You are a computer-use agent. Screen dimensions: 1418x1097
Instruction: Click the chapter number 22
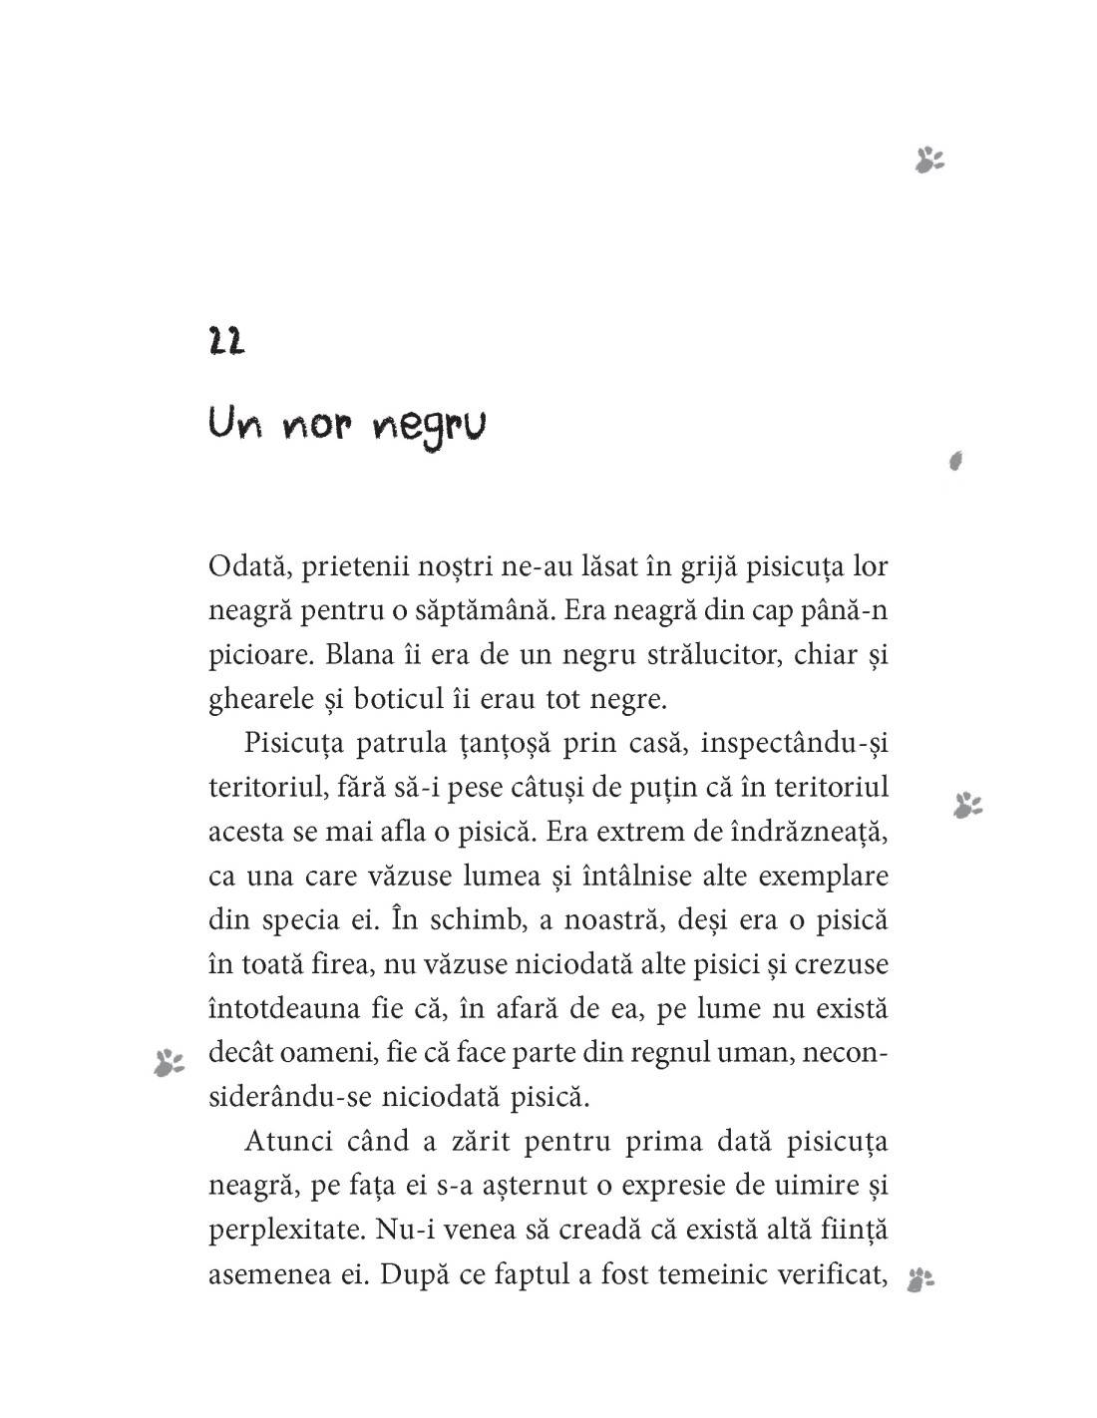(227, 342)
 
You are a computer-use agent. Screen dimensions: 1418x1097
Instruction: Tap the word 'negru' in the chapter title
(429, 430)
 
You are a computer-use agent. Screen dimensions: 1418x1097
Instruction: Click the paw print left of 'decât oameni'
(169, 1063)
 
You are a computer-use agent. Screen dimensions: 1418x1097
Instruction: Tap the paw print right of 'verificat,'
(919, 1280)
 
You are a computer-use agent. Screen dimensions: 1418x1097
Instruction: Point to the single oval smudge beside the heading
(955, 460)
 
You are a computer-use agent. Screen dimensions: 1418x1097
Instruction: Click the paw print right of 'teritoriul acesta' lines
(967, 805)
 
